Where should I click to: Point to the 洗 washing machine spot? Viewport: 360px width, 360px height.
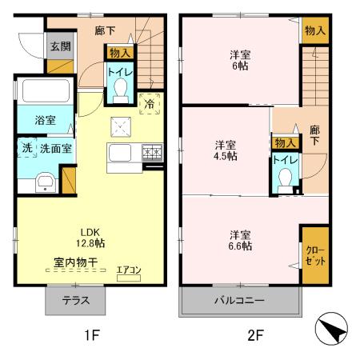click(x=26, y=148)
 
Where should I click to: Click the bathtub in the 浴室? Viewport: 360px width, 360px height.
click(x=45, y=93)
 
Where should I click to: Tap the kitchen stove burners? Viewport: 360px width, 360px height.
click(x=152, y=151)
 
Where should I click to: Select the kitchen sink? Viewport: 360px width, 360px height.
click(x=124, y=152)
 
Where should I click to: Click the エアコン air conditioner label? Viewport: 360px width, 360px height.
click(x=128, y=270)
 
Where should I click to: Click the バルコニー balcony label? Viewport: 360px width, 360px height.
click(x=239, y=302)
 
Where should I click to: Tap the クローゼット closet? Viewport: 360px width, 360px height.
click(x=314, y=256)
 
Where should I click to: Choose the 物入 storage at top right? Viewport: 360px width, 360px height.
click(x=315, y=30)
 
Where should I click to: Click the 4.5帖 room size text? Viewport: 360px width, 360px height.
click(x=225, y=157)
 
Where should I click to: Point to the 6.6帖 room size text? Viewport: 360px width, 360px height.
click(x=241, y=246)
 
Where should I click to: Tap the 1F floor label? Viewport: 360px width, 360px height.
click(x=91, y=336)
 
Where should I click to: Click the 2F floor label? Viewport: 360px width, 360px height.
click(x=254, y=336)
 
